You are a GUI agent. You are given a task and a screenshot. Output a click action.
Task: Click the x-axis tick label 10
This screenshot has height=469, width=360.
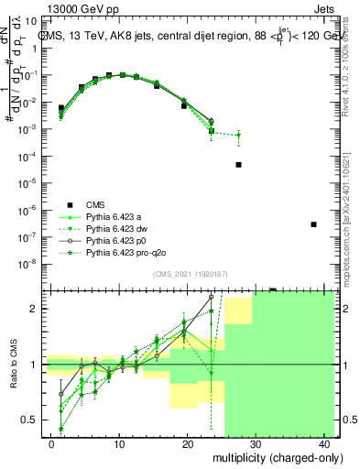pyautogui.click(x=119, y=442)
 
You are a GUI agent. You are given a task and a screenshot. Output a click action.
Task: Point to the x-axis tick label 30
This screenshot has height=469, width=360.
pyautogui.click(x=256, y=442)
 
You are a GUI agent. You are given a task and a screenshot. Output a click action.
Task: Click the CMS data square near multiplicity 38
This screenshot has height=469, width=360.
pyautogui.click(x=313, y=224)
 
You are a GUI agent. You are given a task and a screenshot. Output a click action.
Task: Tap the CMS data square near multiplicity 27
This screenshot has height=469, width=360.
pyautogui.click(x=238, y=165)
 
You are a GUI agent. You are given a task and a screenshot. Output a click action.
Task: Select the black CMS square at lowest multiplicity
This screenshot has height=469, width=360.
pyautogui.click(x=61, y=108)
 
